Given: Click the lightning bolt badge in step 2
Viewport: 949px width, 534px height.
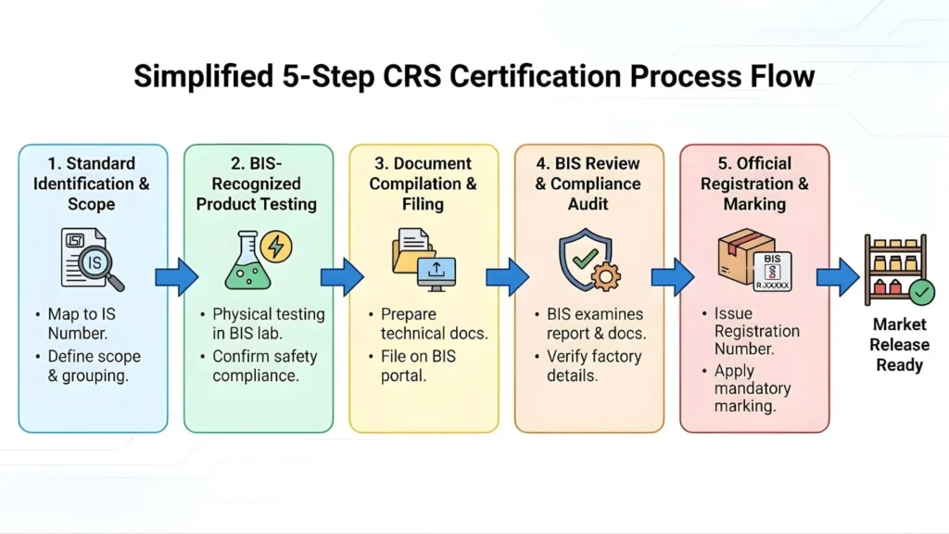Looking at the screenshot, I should [x=276, y=247].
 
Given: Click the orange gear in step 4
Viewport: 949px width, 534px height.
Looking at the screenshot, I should [x=605, y=276].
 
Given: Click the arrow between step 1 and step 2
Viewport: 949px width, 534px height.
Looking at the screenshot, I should [x=176, y=276].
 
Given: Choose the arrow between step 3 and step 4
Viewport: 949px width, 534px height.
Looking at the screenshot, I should [x=507, y=276].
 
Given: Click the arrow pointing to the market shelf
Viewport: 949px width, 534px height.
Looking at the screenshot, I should [x=838, y=276].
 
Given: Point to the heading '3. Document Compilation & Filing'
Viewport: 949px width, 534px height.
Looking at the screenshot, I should [x=423, y=184].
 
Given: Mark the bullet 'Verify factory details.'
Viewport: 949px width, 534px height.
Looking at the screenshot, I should [x=593, y=365].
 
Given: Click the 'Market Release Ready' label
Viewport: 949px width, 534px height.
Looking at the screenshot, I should [x=899, y=345].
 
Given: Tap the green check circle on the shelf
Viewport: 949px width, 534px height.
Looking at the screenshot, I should [x=920, y=294].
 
